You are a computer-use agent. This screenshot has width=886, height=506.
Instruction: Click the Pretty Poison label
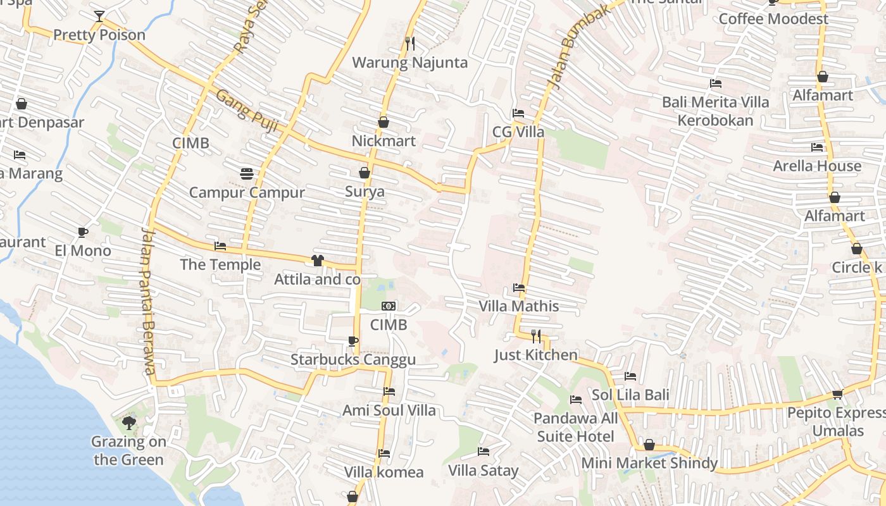(x=99, y=35)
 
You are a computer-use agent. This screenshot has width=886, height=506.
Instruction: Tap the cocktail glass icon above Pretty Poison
(x=99, y=16)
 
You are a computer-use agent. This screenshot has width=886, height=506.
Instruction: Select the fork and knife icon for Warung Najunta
(x=410, y=43)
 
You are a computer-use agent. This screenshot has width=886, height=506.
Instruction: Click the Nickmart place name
(x=384, y=140)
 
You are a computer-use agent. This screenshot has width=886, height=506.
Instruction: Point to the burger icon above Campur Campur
(x=247, y=173)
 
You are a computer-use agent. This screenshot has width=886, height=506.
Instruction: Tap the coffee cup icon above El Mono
(x=83, y=232)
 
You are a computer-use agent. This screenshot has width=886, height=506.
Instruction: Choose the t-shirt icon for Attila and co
(x=318, y=260)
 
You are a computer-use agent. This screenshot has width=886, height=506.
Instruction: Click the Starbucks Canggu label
(x=353, y=360)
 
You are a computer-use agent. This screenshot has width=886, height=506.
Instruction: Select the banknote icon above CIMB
(x=389, y=306)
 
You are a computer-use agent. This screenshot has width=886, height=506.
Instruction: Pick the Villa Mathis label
(x=519, y=306)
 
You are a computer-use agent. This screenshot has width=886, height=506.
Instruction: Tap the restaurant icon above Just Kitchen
(x=536, y=336)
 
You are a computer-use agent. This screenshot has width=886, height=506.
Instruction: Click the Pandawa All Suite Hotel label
(x=575, y=427)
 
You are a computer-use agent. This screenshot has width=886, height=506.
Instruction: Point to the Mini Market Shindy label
(x=649, y=463)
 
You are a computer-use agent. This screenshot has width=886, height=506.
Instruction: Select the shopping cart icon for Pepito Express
(x=838, y=394)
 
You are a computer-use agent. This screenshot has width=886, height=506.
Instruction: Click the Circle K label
(x=857, y=268)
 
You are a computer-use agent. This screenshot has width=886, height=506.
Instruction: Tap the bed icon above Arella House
(x=817, y=147)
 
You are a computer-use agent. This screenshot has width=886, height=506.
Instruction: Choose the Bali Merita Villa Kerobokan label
(x=715, y=111)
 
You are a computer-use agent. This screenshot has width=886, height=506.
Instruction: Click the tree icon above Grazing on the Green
(x=129, y=423)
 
